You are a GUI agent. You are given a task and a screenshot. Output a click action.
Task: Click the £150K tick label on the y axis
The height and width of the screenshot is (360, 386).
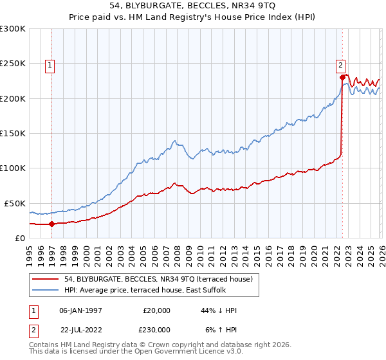[13, 133]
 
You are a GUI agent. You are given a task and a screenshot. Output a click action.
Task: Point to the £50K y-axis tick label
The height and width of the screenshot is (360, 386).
[15, 203]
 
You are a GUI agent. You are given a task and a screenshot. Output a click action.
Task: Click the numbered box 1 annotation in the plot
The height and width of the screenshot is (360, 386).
[50, 64]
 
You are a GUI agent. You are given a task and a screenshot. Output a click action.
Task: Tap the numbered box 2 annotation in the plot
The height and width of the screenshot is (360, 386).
[340, 64]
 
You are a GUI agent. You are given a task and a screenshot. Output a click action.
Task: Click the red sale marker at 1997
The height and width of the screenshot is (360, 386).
[52, 224]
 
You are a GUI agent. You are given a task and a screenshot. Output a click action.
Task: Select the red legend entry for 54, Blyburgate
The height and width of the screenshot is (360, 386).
[161, 278]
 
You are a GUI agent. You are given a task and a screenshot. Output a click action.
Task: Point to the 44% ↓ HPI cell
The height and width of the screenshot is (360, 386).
[219, 310]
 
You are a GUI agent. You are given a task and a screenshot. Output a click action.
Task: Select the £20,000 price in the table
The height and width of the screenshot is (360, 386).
[156, 310]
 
